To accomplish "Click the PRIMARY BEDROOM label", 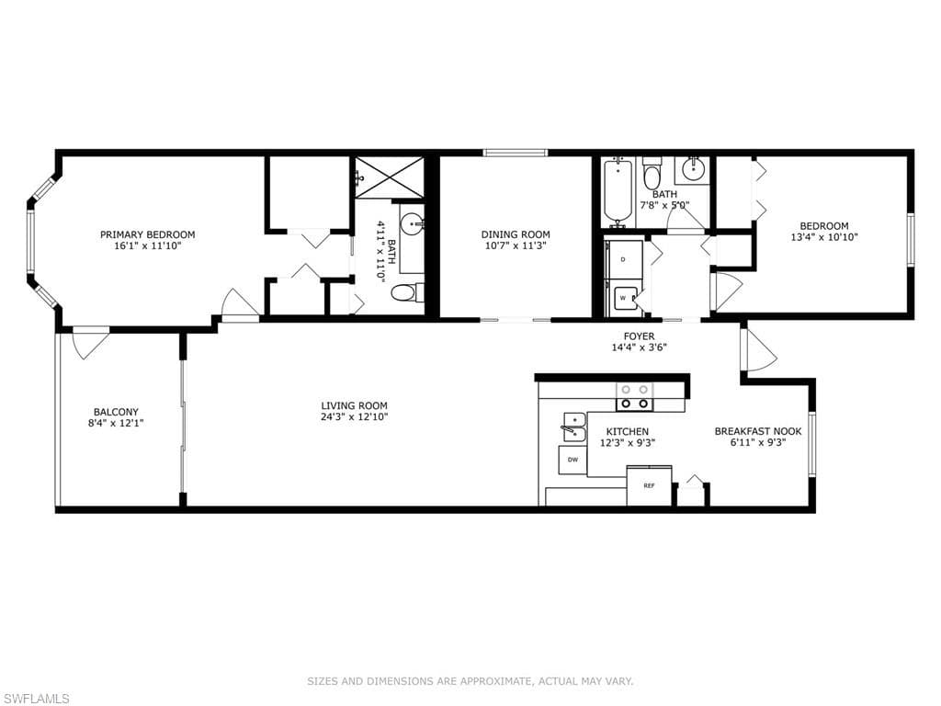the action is point(147,234).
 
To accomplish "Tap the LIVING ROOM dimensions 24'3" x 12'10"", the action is point(354,416).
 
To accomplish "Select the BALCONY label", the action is point(116,412).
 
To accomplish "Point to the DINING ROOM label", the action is point(516,234).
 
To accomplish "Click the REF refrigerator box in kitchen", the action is point(650,485).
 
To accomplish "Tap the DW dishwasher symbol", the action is point(573,460).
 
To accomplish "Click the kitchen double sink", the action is point(574,427).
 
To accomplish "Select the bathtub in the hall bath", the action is point(618,192).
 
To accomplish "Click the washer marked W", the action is point(624,299).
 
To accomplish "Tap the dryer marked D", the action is point(624,259).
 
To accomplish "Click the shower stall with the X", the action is point(389,176).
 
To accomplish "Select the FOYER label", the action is point(640,336).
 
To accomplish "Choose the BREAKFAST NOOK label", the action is point(758,432).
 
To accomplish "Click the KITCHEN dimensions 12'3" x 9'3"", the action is point(627,443).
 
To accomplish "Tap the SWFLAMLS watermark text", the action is point(35,699).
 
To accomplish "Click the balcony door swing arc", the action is point(90,346).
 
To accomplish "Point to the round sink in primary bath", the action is point(412,226).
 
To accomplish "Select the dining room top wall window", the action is point(516,153).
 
